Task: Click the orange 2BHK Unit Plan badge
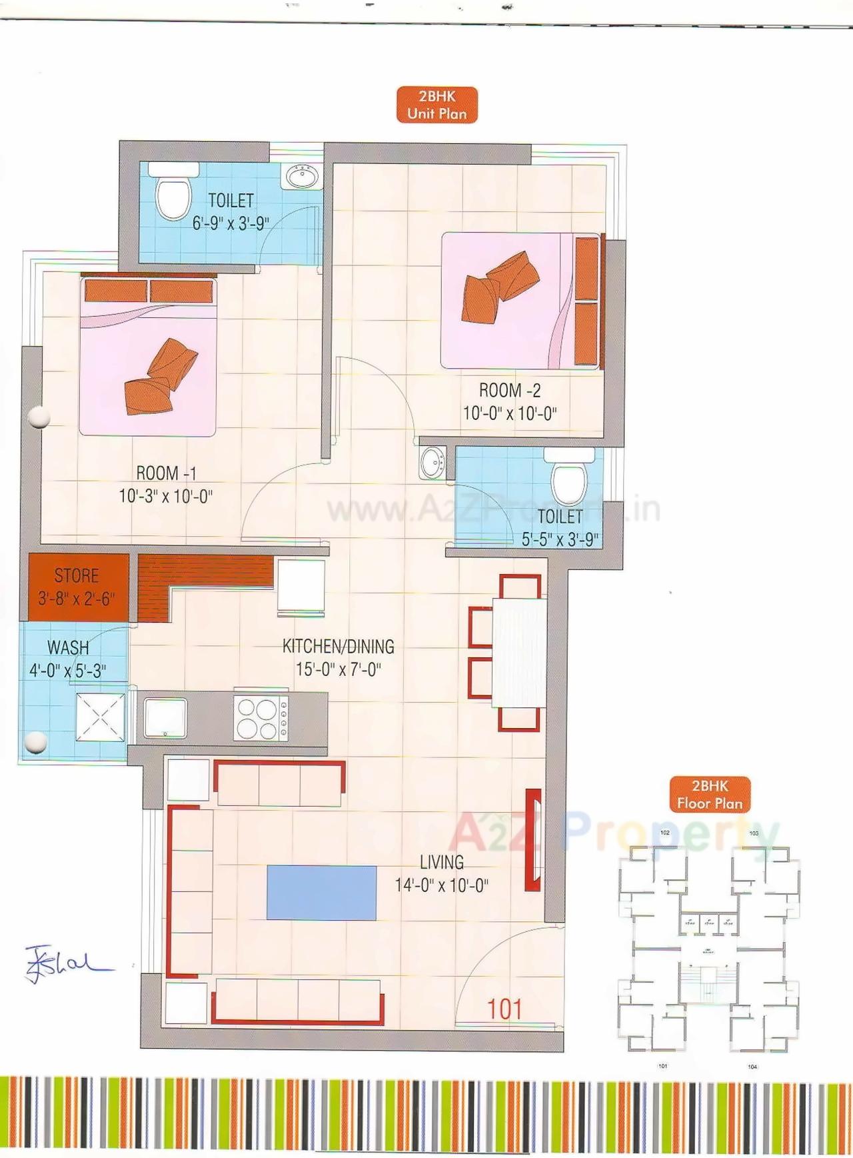click(x=437, y=105)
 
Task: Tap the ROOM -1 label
click(x=166, y=473)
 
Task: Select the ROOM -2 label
click(x=510, y=391)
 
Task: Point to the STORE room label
click(x=77, y=576)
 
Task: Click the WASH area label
click(x=68, y=647)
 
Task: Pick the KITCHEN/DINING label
click(x=339, y=647)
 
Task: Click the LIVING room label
click(x=442, y=863)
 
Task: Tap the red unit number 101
click(x=504, y=1009)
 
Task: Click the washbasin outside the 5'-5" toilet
click(x=433, y=462)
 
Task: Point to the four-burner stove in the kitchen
click(x=261, y=718)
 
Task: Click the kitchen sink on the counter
click(x=165, y=719)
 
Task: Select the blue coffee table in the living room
click(x=322, y=893)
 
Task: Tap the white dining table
click(x=519, y=653)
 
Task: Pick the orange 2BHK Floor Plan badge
click(x=710, y=795)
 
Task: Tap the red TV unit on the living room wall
click(x=533, y=840)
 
